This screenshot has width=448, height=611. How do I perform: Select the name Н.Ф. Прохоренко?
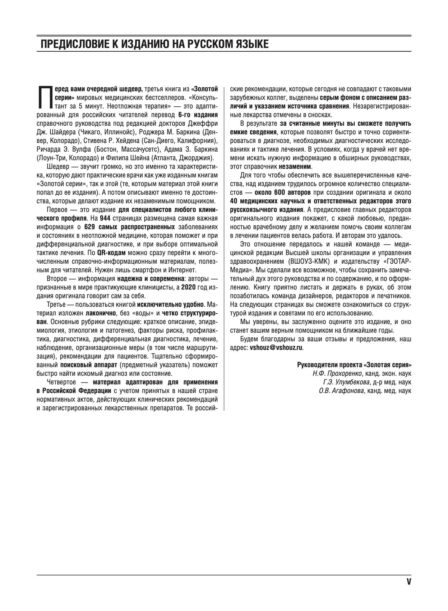[337, 373]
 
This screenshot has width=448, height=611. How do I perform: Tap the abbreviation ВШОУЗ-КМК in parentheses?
[305, 261]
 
